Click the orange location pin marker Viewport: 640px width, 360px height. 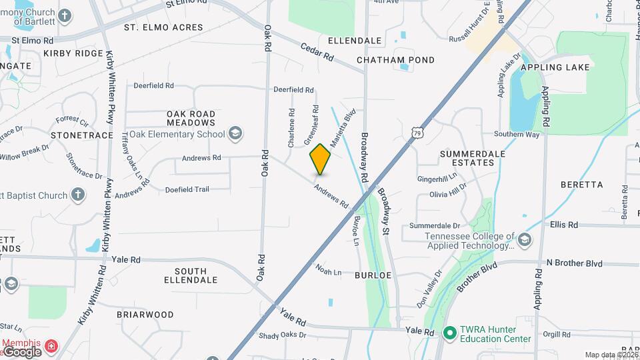(x=320, y=159)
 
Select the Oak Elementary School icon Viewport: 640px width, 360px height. (x=235, y=134)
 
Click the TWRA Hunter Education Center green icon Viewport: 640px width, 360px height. (x=449, y=331)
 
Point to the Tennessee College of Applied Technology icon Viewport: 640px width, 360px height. (x=524, y=240)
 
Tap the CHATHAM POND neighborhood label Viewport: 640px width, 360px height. (x=395, y=60)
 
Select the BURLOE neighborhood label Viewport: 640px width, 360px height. (x=373, y=275)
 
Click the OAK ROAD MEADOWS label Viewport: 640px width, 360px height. (x=191, y=118)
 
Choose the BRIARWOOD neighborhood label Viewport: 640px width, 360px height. (x=145, y=315)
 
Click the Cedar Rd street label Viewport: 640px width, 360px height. (x=317, y=52)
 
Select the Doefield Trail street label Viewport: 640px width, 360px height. (x=187, y=189)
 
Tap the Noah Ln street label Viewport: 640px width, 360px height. (x=328, y=272)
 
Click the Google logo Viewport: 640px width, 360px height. (x=22, y=352)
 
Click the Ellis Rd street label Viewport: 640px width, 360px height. (x=564, y=225)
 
